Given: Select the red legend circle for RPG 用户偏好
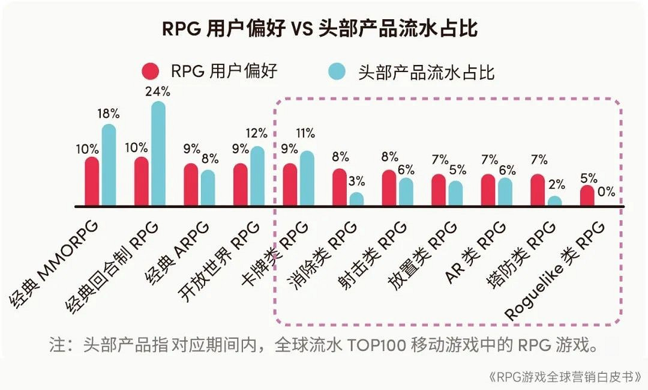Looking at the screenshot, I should [151, 72].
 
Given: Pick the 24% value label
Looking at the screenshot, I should [158, 91].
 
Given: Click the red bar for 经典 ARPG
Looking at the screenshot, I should [191, 184].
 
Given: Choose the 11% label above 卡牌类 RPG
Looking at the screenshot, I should [306, 133].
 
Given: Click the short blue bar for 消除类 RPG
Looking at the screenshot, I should [356, 200].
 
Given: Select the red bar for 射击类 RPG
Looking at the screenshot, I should [389, 188].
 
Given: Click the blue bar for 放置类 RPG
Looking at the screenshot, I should [455, 193].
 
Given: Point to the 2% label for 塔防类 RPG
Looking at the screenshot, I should [556, 184].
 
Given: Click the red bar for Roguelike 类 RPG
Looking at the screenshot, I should [587, 196].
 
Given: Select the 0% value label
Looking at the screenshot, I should [605, 192].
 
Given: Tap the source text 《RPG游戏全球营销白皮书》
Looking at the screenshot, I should [563, 377].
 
